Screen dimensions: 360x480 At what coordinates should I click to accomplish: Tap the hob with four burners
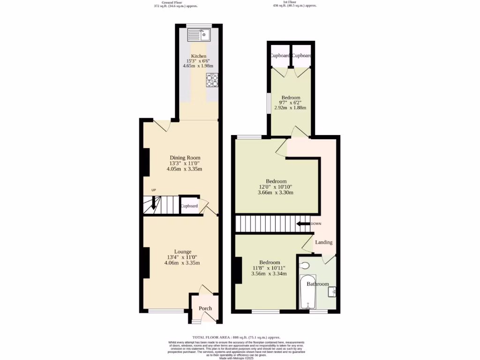tap(212, 81)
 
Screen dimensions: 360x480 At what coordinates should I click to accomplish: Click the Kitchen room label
tap(198, 56)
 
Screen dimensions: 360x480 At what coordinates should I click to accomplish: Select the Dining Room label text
tap(185, 157)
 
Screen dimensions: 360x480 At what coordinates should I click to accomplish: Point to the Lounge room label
tap(182, 252)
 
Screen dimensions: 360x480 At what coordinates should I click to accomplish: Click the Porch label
tap(205, 308)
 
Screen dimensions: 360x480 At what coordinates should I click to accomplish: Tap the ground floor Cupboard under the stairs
tap(189, 206)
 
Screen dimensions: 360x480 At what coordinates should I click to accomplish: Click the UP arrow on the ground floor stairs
tap(153, 202)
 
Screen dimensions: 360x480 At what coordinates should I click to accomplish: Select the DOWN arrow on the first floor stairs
tap(305, 224)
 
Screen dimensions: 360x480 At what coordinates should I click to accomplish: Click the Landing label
tap(323, 242)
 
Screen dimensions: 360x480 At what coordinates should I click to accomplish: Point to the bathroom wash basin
tap(332, 292)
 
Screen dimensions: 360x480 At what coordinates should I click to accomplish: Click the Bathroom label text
tap(317, 284)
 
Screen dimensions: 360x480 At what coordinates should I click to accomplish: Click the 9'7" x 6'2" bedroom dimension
tap(290, 103)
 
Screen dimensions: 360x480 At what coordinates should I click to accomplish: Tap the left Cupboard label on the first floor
tap(279, 56)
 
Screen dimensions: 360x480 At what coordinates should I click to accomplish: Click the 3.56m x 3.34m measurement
tap(270, 274)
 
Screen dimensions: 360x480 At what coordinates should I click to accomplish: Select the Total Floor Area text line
tap(236, 337)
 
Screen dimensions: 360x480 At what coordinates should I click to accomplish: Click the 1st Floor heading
tap(294, 2)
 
